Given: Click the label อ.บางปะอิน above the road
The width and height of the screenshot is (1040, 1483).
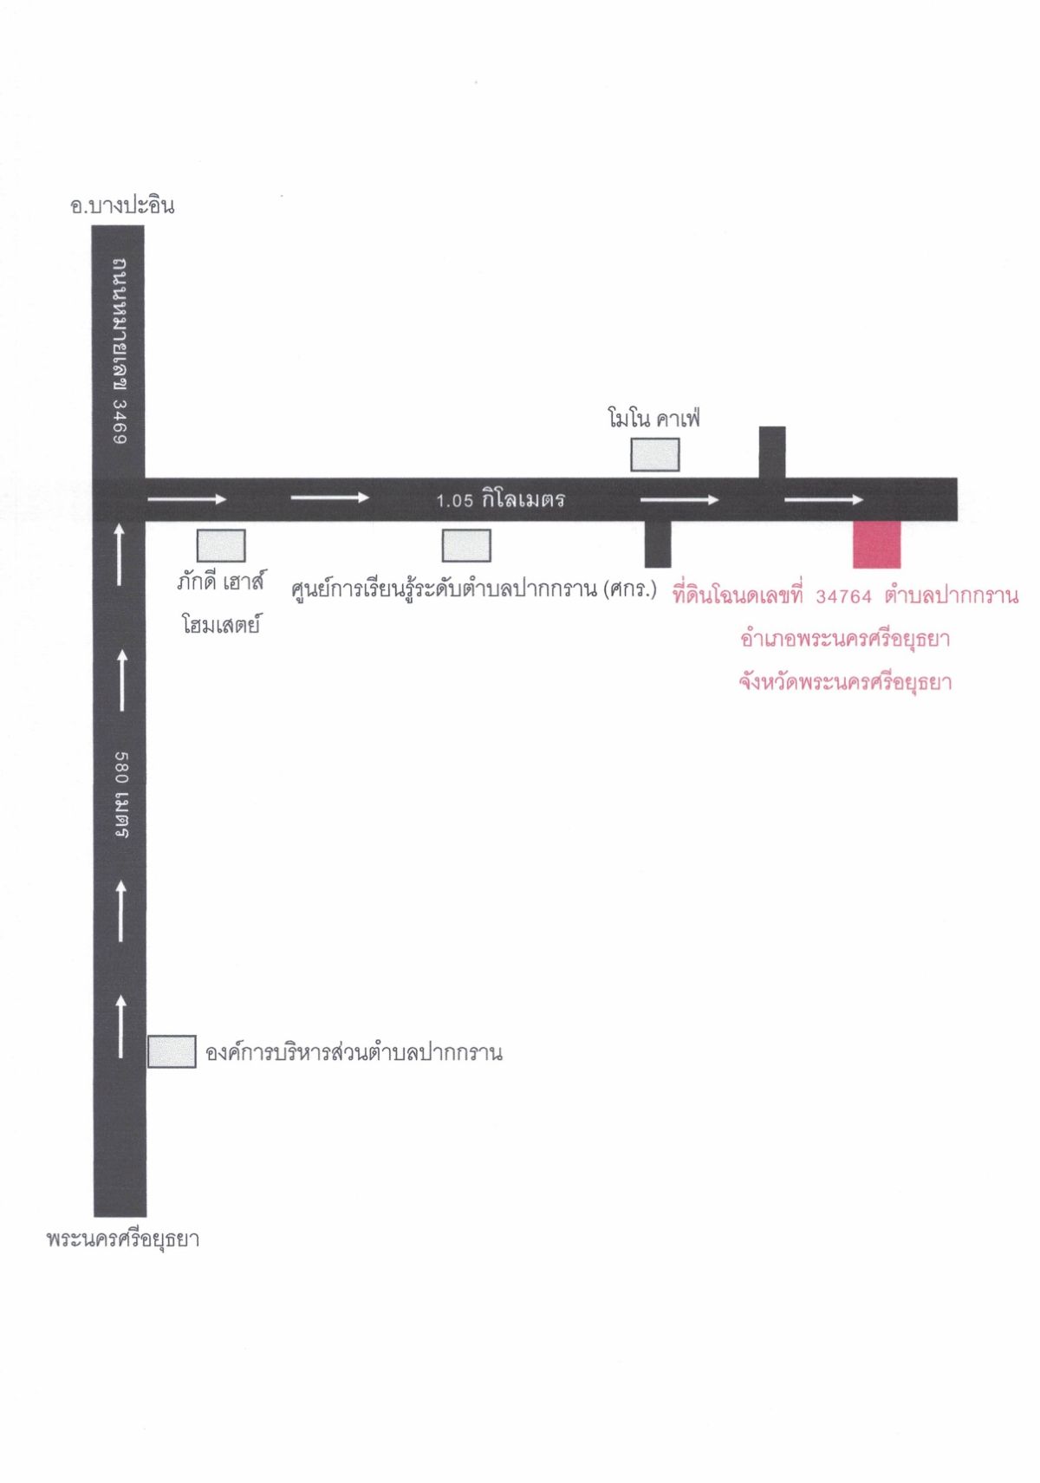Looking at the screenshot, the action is click(x=122, y=205).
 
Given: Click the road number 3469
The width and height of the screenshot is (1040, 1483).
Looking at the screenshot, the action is click(x=120, y=420).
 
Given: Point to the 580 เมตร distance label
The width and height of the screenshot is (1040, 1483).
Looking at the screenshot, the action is click(x=121, y=794).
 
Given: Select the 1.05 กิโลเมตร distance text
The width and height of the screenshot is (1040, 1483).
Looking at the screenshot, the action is click(x=500, y=498).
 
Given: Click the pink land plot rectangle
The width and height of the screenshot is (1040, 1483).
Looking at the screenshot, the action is click(x=876, y=544).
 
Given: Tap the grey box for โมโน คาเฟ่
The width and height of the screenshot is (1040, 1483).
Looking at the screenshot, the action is click(x=654, y=455).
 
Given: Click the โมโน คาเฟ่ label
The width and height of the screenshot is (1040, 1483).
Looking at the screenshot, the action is click(x=653, y=419).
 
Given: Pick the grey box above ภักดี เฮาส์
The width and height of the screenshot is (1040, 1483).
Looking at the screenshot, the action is click(x=221, y=545).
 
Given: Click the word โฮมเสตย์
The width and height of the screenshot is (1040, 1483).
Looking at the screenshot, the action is click(x=220, y=624).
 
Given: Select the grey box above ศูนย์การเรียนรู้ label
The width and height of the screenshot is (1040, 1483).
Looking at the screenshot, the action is click(x=467, y=545).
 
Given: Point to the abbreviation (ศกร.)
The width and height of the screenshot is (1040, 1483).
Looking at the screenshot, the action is click(x=629, y=589).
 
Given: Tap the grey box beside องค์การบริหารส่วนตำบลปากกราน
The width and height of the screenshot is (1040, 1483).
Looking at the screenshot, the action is click(x=172, y=1051).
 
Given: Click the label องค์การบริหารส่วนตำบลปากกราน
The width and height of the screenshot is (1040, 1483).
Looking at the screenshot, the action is click(x=354, y=1052).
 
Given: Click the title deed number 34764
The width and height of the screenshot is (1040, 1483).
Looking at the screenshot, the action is click(x=843, y=596).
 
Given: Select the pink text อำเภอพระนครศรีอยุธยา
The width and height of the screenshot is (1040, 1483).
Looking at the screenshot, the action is click(x=845, y=639).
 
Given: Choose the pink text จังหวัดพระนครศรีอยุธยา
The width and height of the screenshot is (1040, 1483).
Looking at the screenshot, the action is click(x=845, y=682).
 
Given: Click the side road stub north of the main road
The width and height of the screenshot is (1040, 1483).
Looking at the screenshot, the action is click(x=772, y=452).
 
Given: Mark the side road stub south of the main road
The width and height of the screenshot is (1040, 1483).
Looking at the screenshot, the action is click(x=657, y=544).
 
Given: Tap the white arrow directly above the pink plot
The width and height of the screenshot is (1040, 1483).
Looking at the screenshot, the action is click(x=824, y=499).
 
